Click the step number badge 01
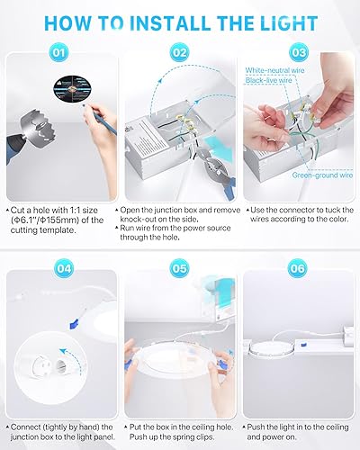click(58, 53)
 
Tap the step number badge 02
click(180, 53)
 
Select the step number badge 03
click(299, 53)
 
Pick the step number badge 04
click(64, 268)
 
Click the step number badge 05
click(179, 268)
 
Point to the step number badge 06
click(297, 268)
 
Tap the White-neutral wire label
click(274, 70)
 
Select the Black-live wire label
click(268, 80)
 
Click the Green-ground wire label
click(322, 175)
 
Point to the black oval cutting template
click(72, 88)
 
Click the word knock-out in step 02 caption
click(139, 220)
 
